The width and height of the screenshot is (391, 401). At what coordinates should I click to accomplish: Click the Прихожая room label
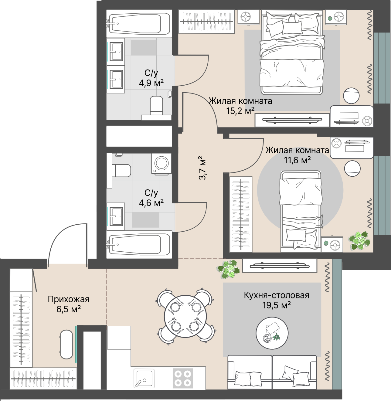tap(68, 299)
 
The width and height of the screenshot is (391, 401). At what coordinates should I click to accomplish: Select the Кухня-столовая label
tap(276, 295)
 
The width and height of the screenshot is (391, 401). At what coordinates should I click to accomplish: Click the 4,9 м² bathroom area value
tap(151, 83)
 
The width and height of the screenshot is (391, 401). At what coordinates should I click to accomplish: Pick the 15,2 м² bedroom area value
tap(240, 111)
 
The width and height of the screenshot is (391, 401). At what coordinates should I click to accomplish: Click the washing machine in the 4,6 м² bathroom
tap(161, 164)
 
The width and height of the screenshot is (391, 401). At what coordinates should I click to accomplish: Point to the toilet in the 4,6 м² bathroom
tap(122, 170)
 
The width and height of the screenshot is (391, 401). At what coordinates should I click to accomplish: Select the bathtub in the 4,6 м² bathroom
tap(139, 244)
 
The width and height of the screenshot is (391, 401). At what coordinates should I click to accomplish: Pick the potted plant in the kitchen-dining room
tap(229, 269)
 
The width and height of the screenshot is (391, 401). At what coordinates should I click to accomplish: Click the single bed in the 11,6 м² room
tap(301, 211)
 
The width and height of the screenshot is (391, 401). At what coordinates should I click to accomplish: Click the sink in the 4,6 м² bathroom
tap(116, 216)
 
